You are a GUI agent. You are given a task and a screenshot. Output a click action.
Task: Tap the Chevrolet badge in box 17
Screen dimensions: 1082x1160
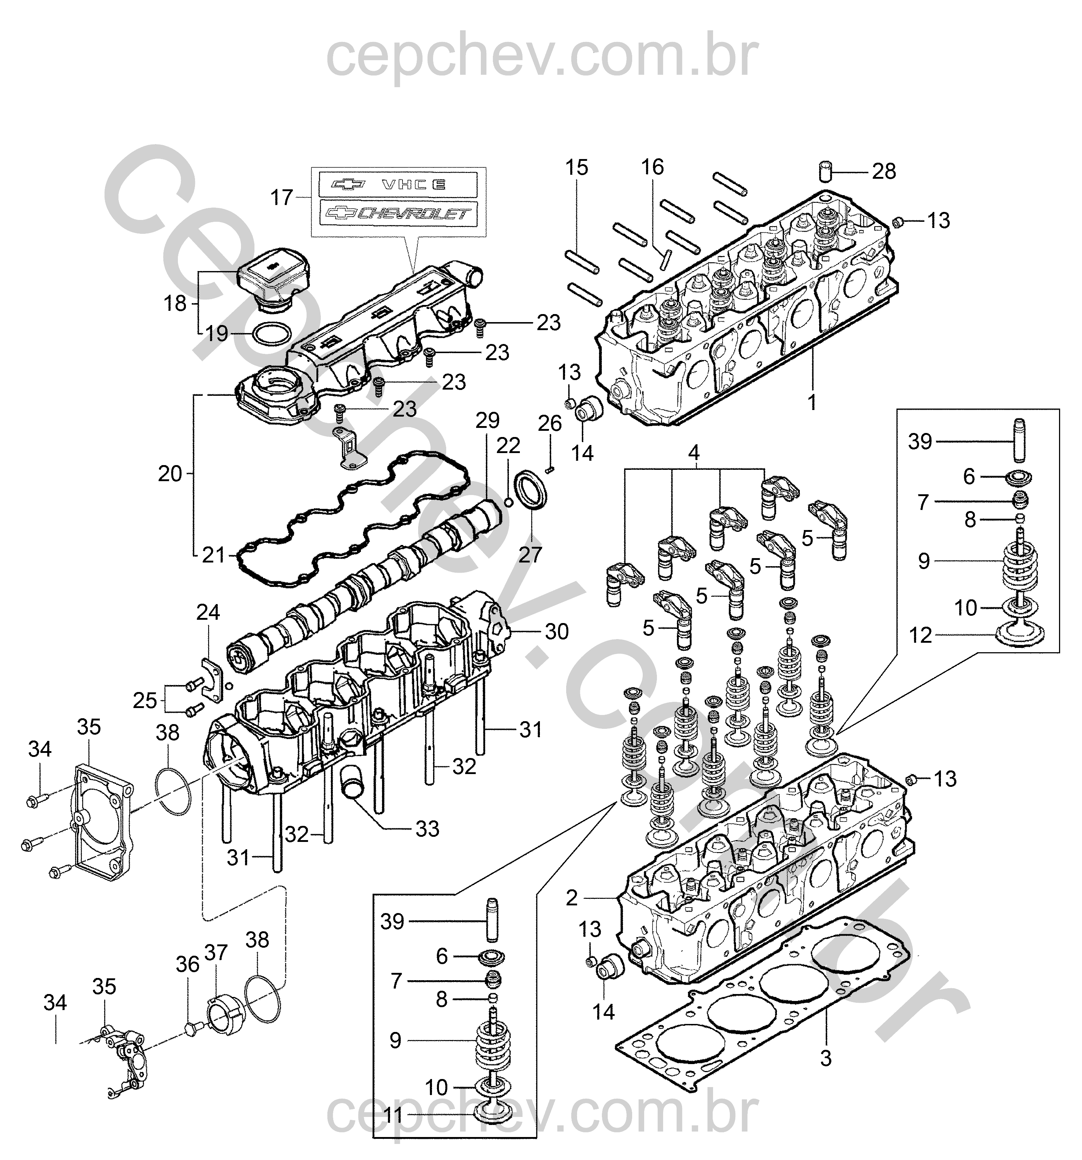coord(398,213)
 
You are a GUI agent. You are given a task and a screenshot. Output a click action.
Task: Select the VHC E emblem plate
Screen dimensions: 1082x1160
coord(398,184)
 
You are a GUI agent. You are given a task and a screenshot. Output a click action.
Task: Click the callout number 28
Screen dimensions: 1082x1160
coord(884,171)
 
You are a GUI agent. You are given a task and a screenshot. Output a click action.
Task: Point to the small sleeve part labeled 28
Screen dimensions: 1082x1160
coord(825,173)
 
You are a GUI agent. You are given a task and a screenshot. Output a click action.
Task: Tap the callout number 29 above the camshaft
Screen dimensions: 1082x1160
coord(487,420)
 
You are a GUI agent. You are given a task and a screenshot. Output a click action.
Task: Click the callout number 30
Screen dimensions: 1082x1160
coord(556,631)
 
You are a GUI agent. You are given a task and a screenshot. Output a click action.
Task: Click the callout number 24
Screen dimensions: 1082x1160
coord(208,612)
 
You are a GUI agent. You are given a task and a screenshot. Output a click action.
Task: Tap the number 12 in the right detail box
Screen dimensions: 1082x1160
coord(921,635)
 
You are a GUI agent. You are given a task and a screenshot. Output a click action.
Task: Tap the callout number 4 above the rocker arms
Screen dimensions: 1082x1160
coord(693,453)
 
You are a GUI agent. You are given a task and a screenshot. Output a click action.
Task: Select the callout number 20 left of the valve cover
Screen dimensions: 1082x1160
coord(170,474)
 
